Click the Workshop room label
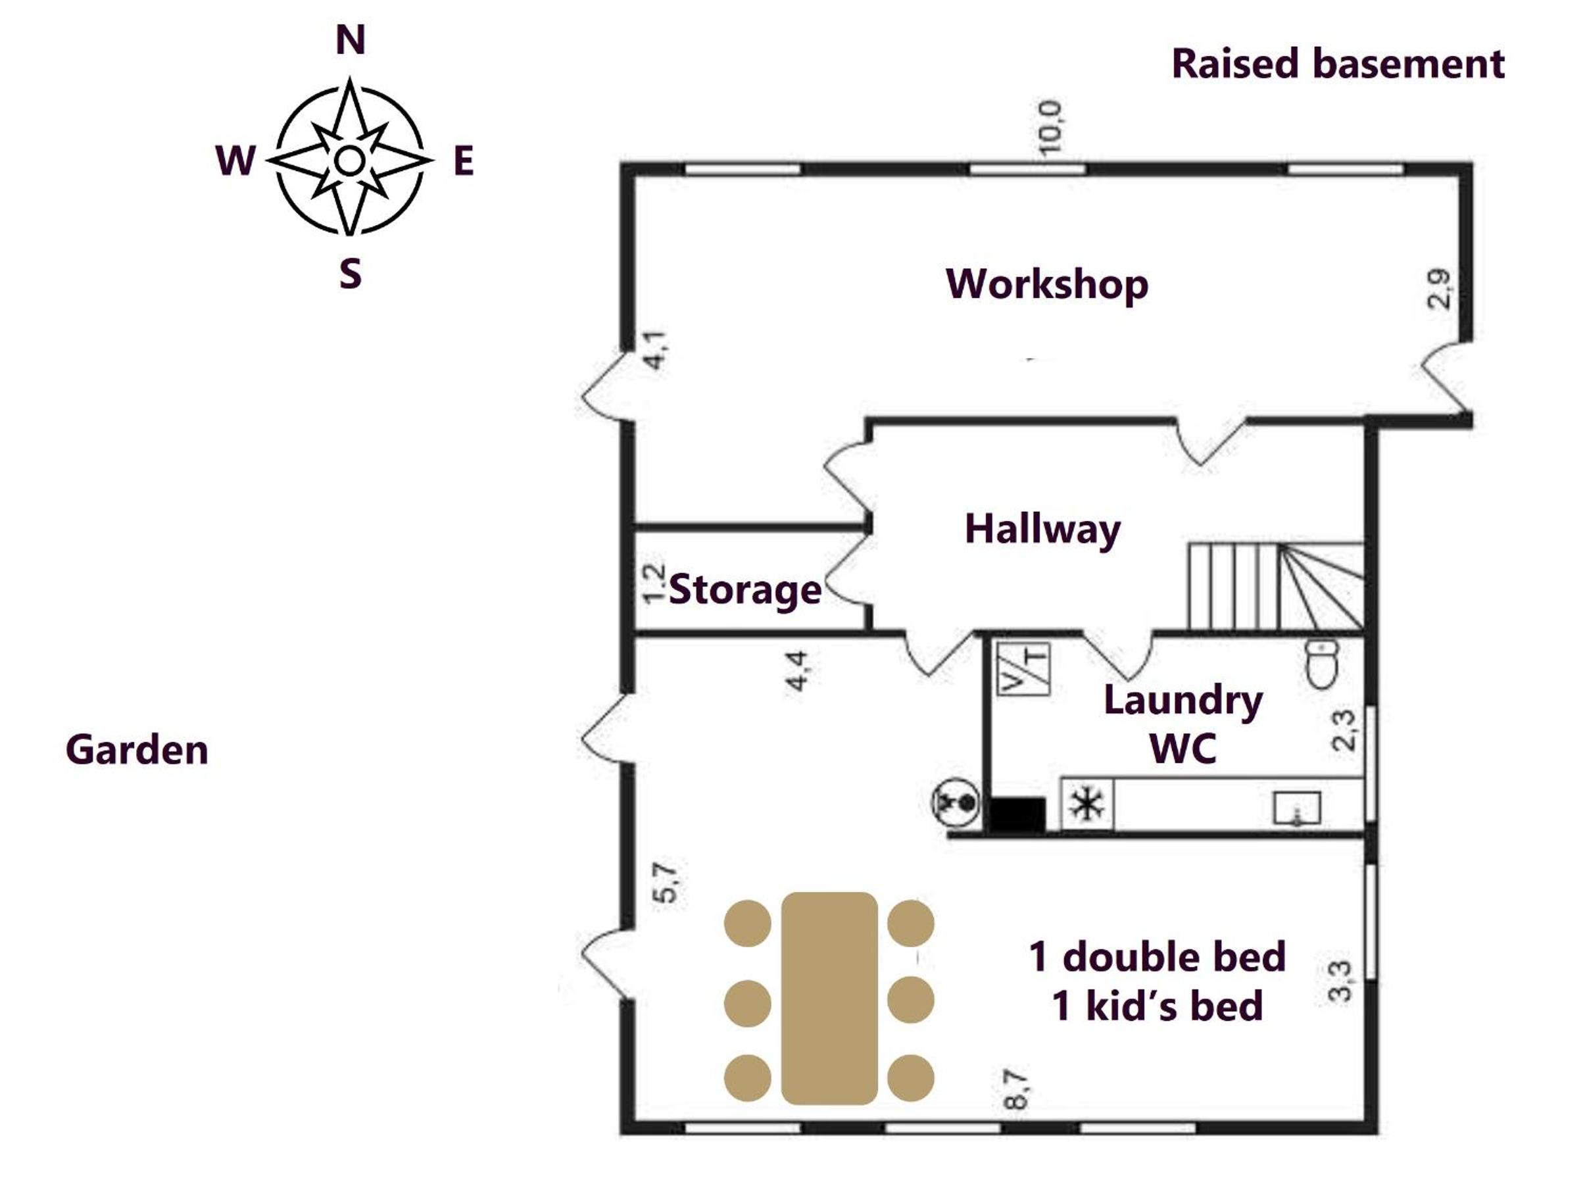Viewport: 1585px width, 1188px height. pos(1047,284)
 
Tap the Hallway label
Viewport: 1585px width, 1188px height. pos(1042,530)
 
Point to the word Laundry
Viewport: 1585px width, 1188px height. pos(1183,701)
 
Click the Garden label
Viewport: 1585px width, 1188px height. pos(137,750)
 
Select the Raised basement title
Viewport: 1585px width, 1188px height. pos(1338,64)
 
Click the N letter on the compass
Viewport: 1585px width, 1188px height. pos(351,39)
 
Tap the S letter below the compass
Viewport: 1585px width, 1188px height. pos(351,274)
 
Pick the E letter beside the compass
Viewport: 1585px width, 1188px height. pos(464,161)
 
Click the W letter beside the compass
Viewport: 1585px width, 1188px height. pos(235,161)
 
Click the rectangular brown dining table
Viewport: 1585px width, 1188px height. pos(829,998)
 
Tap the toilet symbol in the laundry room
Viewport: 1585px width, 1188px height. pos(1322,664)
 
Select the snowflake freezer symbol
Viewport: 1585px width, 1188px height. pos(1087,804)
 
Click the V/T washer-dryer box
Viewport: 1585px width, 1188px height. pos(1024,668)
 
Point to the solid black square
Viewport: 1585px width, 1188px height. pos(1017,814)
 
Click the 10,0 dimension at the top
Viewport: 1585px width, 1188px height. pos(1050,128)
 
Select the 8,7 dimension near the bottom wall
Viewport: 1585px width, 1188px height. pos(1015,1089)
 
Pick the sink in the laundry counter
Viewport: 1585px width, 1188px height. pos(1297,808)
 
